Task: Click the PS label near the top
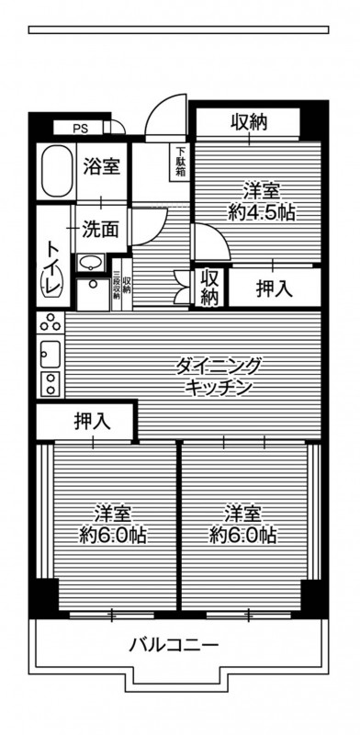point(80,128)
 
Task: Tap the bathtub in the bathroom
point(57,171)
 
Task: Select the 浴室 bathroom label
point(102,166)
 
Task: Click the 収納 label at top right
point(249,122)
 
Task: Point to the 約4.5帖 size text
point(262,213)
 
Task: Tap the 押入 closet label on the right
point(275,289)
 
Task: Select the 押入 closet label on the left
point(93,422)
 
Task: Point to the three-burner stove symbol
point(51,322)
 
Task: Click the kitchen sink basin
point(51,354)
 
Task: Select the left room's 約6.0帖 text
point(113,525)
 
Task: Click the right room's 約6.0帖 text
point(242,525)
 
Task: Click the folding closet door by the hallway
point(182,287)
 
